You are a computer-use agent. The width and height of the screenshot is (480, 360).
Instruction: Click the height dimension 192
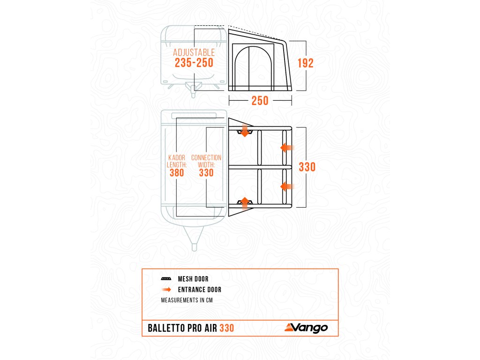click(305, 63)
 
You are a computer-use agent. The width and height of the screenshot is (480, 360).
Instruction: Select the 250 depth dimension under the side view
click(260, 100)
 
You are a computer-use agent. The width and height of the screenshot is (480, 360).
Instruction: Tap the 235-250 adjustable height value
click(194, 63)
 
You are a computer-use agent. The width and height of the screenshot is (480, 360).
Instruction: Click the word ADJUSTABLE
click(194, 52)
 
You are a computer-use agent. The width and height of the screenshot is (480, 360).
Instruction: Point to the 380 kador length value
click(177, 172)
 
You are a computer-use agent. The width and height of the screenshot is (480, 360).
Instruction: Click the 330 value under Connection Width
click(206, 172)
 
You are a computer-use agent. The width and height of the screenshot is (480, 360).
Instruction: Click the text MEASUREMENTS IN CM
click(187, 300)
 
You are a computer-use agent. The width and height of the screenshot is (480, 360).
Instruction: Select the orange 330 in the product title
click(226, 328)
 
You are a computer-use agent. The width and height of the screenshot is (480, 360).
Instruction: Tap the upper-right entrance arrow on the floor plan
click(286, 148)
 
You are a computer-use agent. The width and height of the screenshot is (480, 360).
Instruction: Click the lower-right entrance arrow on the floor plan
click(286, 186)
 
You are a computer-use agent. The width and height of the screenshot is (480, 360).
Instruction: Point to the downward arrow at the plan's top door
click(244, 131)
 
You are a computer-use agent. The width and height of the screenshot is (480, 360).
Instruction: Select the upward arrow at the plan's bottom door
click(244, 202)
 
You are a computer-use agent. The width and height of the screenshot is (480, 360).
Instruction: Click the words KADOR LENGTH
click(177, 161)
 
